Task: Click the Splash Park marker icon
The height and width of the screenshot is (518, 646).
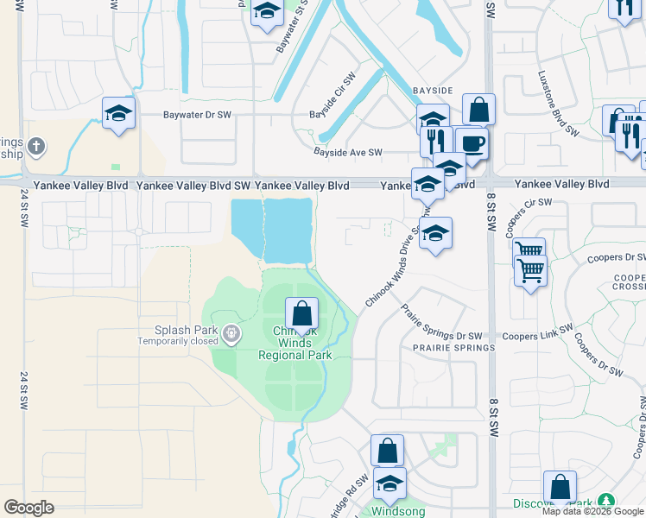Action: coord(231,332)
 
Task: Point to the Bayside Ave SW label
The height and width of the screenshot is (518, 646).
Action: coord(347,153)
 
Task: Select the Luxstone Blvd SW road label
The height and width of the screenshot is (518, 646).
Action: coord(558,104)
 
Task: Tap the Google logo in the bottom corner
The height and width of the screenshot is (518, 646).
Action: coord(28,508)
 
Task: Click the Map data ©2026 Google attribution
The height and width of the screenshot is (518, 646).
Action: coord(592,511)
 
